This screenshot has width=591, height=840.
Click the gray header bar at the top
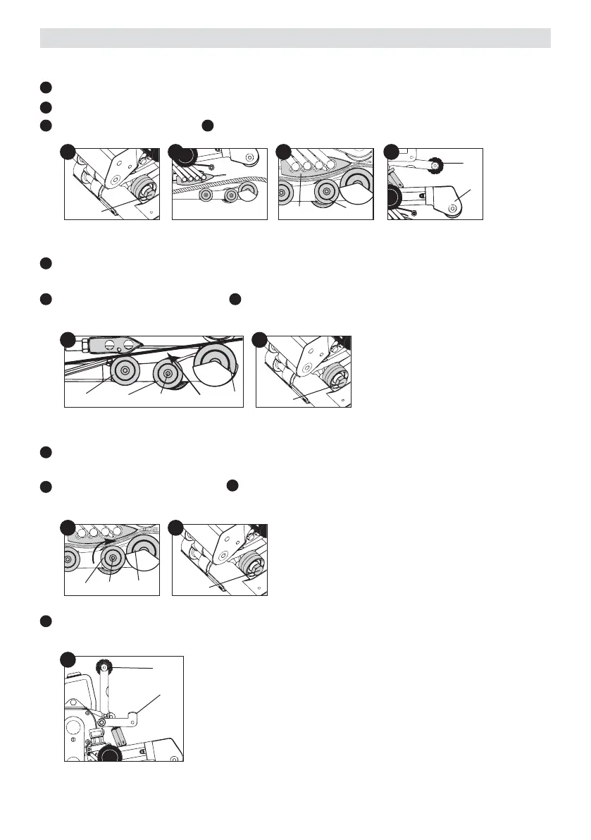(x=295, y=38)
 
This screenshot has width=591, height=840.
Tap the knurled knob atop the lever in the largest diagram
(x=104, y=666)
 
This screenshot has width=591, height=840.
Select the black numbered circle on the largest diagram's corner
(x=68, y=660)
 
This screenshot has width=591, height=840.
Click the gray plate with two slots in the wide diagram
(x=113, y=346)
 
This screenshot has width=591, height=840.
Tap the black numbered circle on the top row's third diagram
(x=284, y=152)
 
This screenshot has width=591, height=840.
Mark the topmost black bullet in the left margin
(x=45, y=87)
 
